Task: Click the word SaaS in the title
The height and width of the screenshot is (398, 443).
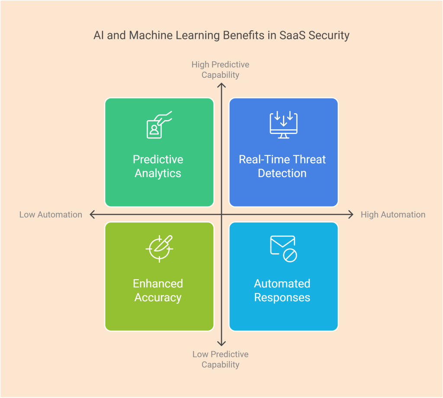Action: click(294, 35)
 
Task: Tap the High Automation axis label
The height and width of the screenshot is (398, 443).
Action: click(393, 215)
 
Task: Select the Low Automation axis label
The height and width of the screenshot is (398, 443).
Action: click(51, 215)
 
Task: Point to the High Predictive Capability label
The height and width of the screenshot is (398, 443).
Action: click(221, 70)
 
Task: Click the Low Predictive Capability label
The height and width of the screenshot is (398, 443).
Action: click(221, 359)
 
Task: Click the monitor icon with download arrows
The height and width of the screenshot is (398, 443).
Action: click(283, 125)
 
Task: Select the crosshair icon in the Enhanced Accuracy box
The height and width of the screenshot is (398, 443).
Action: click(159, 249)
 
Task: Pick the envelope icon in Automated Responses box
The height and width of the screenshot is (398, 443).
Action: click(283, 248)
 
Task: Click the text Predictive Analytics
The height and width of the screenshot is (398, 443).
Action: click(158, 166)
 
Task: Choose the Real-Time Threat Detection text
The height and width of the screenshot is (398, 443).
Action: click(282, 166)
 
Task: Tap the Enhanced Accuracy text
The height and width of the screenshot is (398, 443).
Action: click(158, 290)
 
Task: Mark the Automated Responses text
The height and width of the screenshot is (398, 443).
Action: click(282, 290)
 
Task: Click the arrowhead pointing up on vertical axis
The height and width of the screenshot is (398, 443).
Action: click(221, 86)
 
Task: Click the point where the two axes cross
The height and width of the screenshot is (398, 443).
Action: click(221, 214)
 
